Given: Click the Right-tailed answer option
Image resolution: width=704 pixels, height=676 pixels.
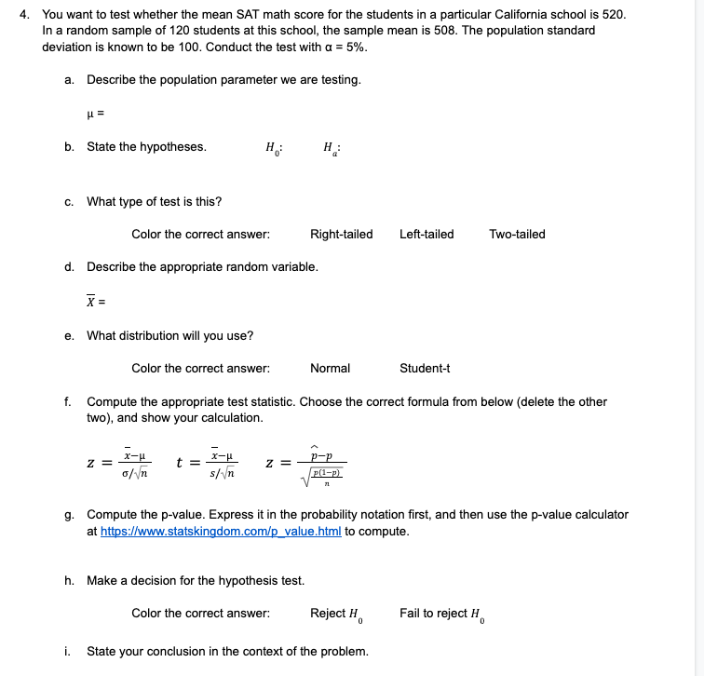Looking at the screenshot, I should click(341, 234).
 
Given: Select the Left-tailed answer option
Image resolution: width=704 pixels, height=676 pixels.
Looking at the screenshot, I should click(426, 234).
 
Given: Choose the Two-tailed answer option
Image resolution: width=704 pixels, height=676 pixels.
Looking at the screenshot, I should click(517, 234).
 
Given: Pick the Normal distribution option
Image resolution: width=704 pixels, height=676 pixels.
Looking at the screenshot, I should click(330, 368).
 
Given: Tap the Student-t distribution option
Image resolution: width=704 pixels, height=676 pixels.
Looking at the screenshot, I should click(425, 368).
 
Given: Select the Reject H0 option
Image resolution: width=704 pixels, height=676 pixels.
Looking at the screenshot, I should click(336, 614).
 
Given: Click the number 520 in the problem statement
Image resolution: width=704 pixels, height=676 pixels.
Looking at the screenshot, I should click(615, 15).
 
